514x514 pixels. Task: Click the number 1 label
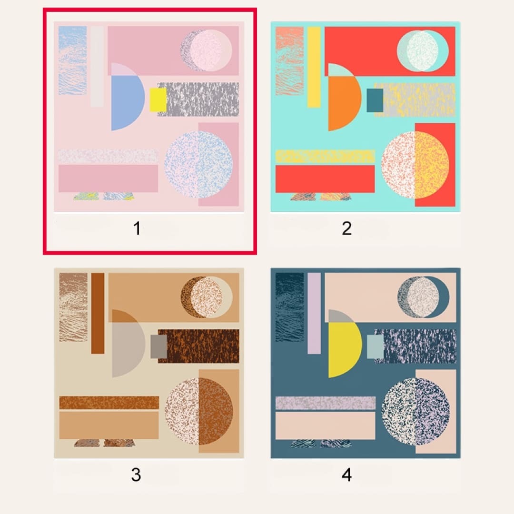137,228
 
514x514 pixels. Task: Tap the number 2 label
347,228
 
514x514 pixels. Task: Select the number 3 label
136,474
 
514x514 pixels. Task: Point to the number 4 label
347,474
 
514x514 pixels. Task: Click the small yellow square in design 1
158,100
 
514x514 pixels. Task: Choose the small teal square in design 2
375,100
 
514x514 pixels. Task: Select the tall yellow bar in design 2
314,67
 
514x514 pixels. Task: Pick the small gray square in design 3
158,346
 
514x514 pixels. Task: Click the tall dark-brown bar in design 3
98,313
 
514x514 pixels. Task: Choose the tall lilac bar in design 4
314,313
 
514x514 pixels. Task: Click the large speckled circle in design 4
415,411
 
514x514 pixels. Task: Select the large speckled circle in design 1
198,165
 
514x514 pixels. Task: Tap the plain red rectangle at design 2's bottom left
325,179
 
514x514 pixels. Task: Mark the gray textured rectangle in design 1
198,99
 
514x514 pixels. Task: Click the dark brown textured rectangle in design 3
198,346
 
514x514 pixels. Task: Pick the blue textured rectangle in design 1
72,60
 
